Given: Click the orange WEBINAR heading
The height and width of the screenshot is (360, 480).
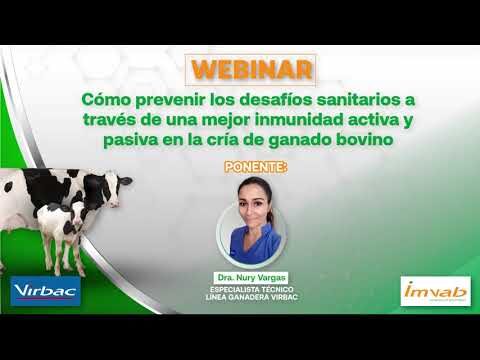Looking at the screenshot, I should (x=251, y=71).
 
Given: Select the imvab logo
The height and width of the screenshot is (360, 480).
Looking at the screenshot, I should (x=434, y=291).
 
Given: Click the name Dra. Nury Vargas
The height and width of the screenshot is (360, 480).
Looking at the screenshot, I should (x=251, y=275).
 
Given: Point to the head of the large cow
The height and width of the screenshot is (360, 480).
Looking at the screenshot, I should (x=116, y=185).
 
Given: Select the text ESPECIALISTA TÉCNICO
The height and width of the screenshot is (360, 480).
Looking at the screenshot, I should (x=251, y=286).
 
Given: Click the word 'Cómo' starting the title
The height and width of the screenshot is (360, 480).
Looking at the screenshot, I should (x=103, y=101).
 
